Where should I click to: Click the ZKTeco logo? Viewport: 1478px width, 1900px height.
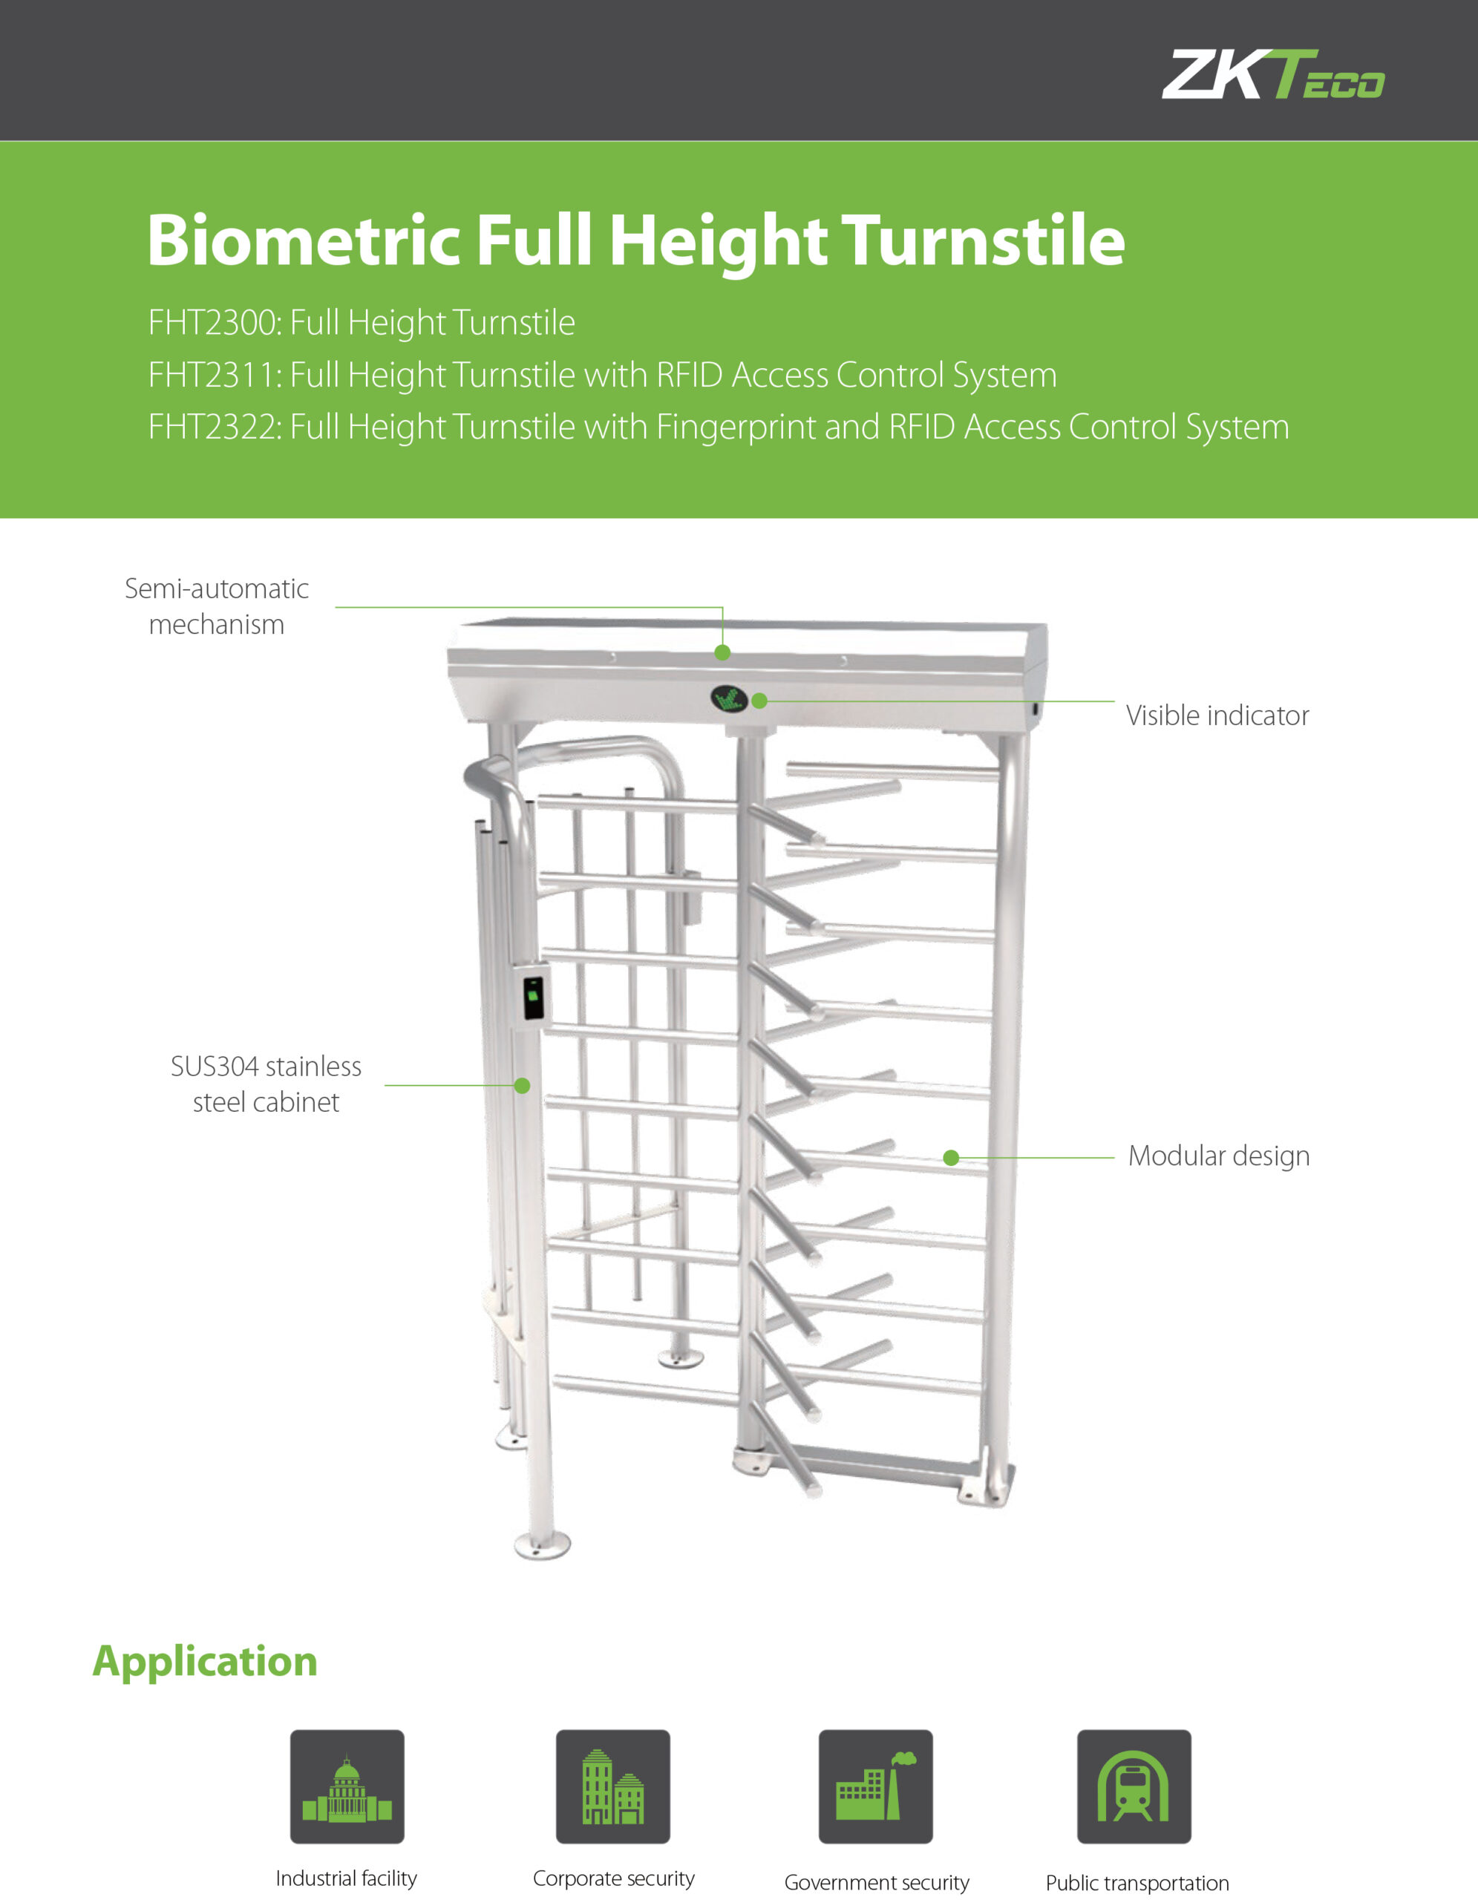tap(1272, 75)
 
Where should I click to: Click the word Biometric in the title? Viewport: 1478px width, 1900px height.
tap(304, 240)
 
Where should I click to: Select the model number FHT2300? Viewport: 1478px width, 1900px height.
tap(212, 323)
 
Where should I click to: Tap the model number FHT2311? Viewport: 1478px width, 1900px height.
tap(212, 375)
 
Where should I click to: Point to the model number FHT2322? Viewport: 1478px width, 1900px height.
tap(212, 427)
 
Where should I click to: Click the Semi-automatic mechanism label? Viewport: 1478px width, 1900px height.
tap(217, 606)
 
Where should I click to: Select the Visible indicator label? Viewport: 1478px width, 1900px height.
tap(1217, 715)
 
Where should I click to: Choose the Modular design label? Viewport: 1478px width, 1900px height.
tap(1218, 1156)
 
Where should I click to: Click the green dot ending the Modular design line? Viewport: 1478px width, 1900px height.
tap(951, 1158)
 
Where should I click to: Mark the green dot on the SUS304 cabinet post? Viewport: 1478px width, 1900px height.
tap(522, 1086)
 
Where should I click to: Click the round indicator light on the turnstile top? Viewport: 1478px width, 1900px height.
tap(728, 698)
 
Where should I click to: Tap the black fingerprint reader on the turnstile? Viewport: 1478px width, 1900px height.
tap(533, 997)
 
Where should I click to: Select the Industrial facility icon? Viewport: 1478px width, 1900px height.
tap(347, 1786)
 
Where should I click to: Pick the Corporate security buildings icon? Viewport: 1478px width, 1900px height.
tap(613, 1786)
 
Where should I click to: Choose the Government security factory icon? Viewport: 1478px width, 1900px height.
tap(875, 1786)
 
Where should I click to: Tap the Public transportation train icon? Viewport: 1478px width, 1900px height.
tap(1134, 1786)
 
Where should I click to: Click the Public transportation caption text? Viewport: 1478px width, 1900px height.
tap(1137, 1883)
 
